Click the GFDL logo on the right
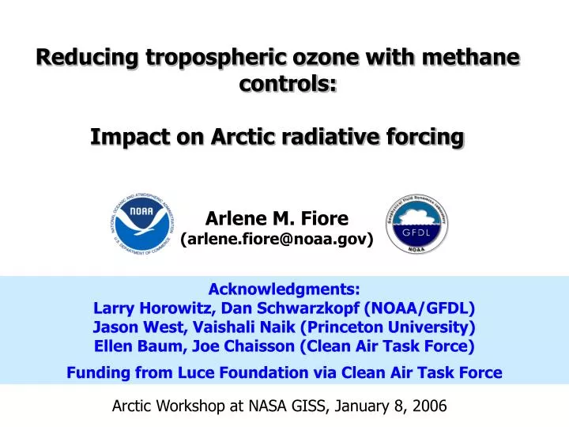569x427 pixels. click(417, 224)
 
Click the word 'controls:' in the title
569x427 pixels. click(288, 83)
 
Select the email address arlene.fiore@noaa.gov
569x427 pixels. click(277, 239)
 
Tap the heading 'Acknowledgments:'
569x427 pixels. click(284, 289)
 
